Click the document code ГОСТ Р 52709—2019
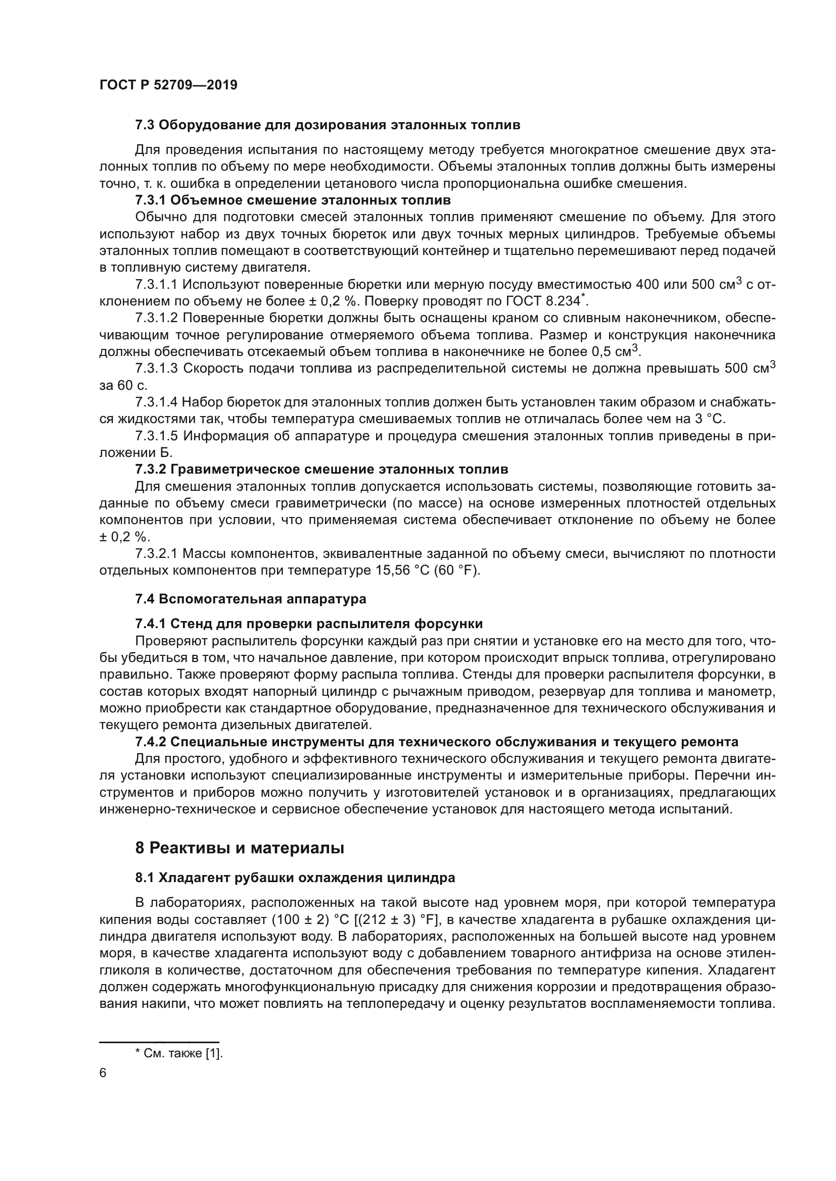pyautogui.click(x=168, y=85)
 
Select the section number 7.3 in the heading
pyautogui.click(x=145, y=125)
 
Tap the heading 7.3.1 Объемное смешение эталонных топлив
pyautogui.click(x=292, y=200)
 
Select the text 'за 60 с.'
pyautogui.click(x=123, y=385)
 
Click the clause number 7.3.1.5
pyautogui.click(x=157, y=436)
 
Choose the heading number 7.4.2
pyautogui.click(x=150, y=742)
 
